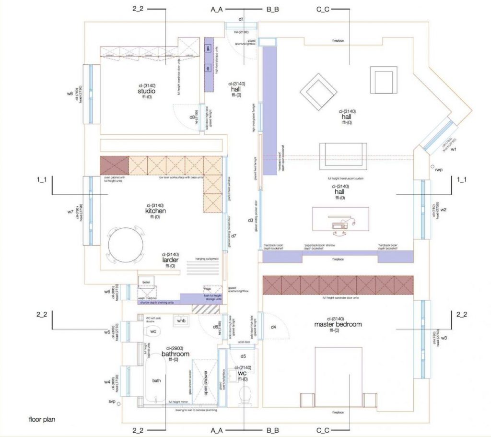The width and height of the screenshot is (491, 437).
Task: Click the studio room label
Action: point(146,91)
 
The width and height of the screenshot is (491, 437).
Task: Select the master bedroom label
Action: point(338,324)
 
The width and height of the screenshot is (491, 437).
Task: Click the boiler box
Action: point(147,282)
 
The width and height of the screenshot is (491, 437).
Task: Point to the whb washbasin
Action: point(181,320)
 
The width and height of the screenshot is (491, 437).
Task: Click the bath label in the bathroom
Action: point(156,380)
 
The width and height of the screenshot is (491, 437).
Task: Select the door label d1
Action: point(242,20)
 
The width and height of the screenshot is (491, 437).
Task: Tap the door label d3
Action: point(250,220)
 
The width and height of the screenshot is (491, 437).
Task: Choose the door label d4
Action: point(273,327)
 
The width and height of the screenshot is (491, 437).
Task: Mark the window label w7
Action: point(70,211)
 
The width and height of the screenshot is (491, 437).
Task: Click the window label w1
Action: point(453,149)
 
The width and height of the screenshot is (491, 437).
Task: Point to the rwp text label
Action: point(438,170)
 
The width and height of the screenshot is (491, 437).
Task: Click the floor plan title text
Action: point(42,419)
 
